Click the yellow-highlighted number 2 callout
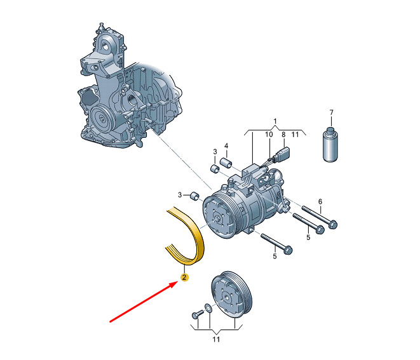click(184, 277)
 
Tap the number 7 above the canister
click(331, 112)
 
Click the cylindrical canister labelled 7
click(330, 145)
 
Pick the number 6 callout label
click(320, 201)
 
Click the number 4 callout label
click(226, 146)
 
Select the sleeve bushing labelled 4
click(226, 163)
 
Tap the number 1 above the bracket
click(275, 121)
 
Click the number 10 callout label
click(269, 135)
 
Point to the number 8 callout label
click(283, 135)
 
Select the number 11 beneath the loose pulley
click(216, 339)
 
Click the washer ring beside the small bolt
click(208, 308)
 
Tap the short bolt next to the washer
click(198, 314)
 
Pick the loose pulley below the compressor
click(232, 295)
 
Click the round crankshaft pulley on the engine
click(102, 117)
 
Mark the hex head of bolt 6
click(332, 224)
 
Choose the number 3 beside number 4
click(215, 152)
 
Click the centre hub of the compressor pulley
click(217, 219)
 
